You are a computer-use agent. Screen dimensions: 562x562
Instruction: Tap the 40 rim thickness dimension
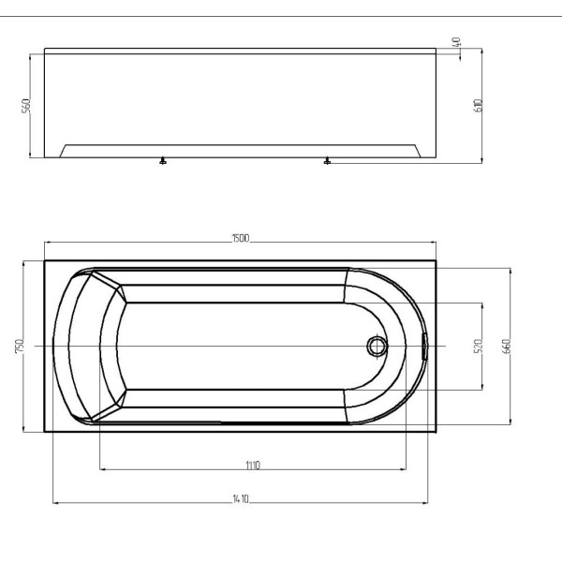coord(457,42)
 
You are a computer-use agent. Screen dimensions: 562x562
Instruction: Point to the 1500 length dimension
coord(240,240)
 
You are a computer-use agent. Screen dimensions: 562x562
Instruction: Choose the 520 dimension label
coord(479,346)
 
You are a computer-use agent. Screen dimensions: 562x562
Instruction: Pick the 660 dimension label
coord(507,346)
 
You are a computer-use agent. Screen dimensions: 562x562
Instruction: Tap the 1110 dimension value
coord(252,465)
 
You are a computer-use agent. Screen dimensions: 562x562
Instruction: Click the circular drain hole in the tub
coord(377,347)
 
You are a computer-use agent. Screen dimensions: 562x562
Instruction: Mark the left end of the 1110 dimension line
coord(99,469)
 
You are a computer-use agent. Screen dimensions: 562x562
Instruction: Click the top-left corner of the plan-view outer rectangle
coord(44,260)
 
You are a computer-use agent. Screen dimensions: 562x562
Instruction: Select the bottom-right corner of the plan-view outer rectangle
coord(436,432)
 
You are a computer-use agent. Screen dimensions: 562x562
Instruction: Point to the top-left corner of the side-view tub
coord(44,52)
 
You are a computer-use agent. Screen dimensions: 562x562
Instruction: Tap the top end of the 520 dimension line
coord(483,303)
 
